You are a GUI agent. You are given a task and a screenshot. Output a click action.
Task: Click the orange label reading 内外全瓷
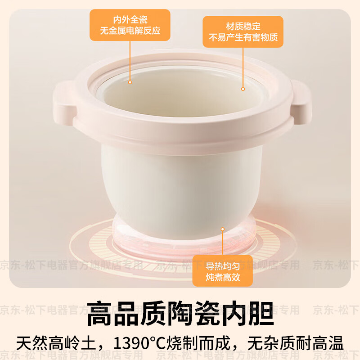point(130,20)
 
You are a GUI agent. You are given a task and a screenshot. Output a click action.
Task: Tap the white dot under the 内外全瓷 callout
point(130,82)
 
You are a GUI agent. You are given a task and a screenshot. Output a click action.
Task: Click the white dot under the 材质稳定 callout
point(243,89)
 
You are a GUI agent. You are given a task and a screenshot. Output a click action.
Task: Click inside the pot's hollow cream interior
point(180,97)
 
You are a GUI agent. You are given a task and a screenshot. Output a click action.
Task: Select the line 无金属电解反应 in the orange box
point(130,32)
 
